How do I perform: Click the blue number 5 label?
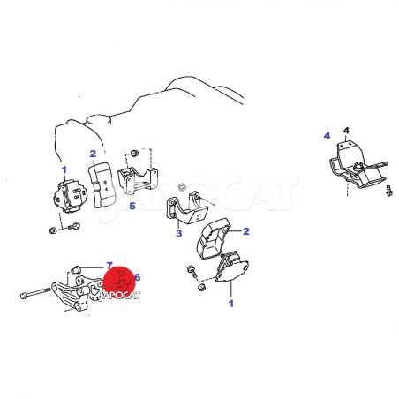[x=132, y=206]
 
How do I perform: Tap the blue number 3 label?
[x=179, y=233]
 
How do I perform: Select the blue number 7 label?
[x=109, y=266]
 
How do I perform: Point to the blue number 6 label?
[x=137, y=277]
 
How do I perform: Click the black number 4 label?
[x=346, y=131]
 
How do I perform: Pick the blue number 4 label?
[x=327, y=136]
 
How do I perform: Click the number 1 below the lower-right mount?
[x=231, y=304]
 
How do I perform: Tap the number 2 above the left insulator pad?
[x=93, y=154]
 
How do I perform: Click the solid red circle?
[x=119, y=282]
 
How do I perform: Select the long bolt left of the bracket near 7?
[x=35, y=293]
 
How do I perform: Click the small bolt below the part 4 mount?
[x=389, y=191]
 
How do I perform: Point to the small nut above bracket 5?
[x=134, y=153]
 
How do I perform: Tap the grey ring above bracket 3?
[x=183, y=186]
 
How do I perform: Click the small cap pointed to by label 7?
[x=76, y=269]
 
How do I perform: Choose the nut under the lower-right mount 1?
[x=201, y=287]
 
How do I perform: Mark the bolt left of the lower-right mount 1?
[x=192, y=271]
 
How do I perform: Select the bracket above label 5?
[x=139, y=180]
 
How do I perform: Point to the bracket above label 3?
[x=187, y=208]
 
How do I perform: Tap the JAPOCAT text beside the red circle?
[x=119, y=296]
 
